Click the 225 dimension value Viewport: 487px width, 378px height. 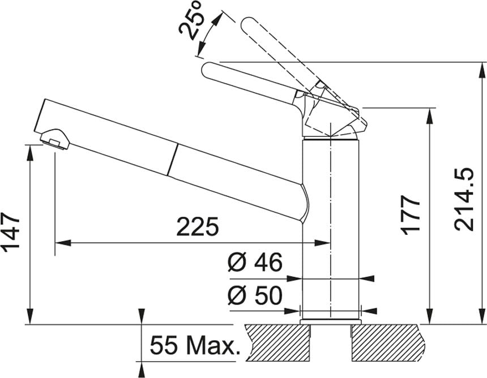point(198,226)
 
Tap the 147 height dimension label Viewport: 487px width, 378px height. point(11,231)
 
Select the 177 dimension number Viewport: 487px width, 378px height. point(410,215)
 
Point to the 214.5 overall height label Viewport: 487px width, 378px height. point(464,200)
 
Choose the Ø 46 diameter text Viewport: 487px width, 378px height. point(255,261)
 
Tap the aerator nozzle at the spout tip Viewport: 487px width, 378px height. point(54,139)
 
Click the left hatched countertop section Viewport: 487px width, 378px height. point(277,342)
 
